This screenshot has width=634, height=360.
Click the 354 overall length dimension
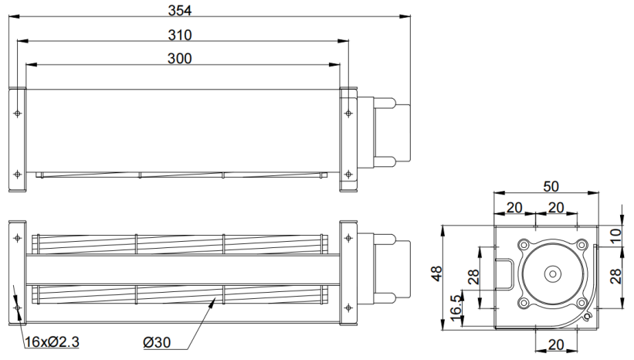[x=179, y=11]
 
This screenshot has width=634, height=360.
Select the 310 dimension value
[x=179, y=36]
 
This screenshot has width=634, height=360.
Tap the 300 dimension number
[x=179, y=59]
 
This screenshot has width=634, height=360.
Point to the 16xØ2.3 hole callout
[x=52, y=342]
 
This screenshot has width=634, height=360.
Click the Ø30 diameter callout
[x=157, y=342]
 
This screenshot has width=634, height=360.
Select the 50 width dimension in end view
[x=551, y=186]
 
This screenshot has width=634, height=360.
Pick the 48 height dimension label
[x=436, y=273]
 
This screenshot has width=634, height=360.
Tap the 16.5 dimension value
[x=456, y=307]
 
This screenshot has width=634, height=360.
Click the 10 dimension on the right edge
[x=615, y=236]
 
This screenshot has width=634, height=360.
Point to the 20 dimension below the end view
[x=556, y=345]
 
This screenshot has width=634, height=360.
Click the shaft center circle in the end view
[x=552, y=273]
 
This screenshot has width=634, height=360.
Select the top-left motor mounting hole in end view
[x=524, y=245]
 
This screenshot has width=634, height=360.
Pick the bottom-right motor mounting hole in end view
[x=581, y=303]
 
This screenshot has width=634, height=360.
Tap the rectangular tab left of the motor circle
[x=504, y=273]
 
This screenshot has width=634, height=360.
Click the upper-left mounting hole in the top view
[x=18, y=113]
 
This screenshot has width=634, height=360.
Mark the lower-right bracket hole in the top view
[x=348, y=175]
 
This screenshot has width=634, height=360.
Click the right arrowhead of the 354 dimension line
[x=405, y=16]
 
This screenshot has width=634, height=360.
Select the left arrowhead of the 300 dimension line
[x=31, y=64]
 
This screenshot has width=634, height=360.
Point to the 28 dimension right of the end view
[x=615, y=277]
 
